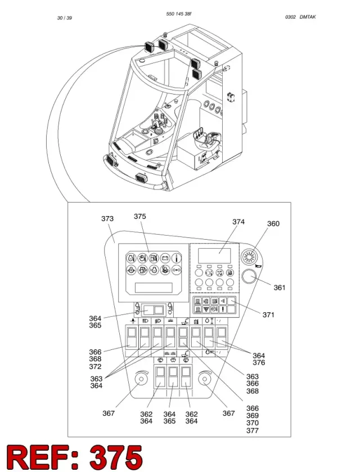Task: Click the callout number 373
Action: [x=107, y=218]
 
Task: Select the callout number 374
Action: [x=238, y=222]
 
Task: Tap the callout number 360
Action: [x=273, y=224]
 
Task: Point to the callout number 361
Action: [x=280, y=287]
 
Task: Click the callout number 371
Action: [x=268, y=314]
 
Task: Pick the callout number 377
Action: [x=253, y=430]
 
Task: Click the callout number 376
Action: [x=259, y=362]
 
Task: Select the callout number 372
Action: [x=95, y=367]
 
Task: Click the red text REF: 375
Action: [x=75, y=457]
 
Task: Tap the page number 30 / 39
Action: [x=65, y=18]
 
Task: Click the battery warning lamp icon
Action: [x=165, y=258]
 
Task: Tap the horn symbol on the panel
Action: [x=259, y=266]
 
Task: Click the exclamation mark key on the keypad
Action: [x=223, y=309]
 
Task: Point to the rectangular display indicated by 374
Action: [x=214, y=255]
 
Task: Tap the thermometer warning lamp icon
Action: [x=177, y=258]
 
